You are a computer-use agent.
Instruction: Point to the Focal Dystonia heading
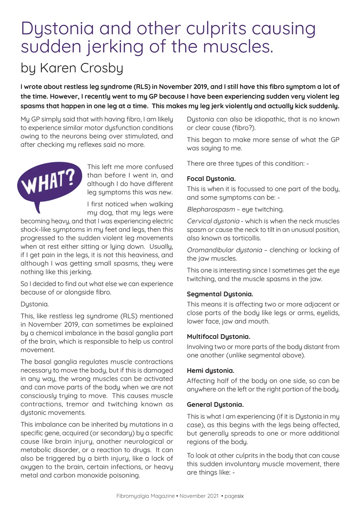click(211, 179)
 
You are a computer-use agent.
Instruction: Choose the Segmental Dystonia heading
click(220, 294)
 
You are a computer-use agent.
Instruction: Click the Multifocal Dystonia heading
click(218, 336)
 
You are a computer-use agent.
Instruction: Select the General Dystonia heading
click(215, 404)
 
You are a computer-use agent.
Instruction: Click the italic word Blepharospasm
click(211, 209)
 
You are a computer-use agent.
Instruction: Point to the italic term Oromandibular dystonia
click(224, 250)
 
